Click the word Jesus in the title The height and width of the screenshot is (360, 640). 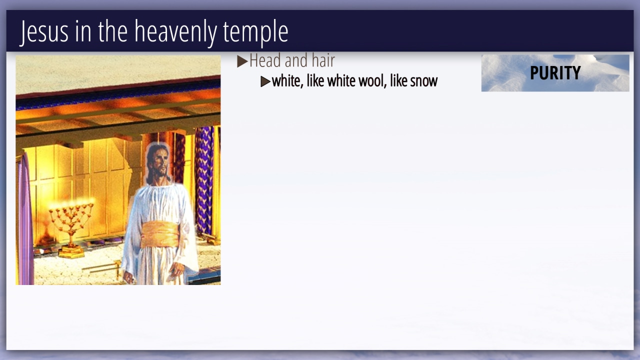(x=44, y=31)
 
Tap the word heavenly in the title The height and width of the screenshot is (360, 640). (x=175, y=31)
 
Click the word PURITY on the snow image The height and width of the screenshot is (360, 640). (x=555, y=73)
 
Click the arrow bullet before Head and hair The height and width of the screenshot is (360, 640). (x=242, y=61)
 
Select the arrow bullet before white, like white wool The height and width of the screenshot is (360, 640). (x=265, y=81)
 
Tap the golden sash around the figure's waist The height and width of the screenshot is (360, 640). (x=160, y=234)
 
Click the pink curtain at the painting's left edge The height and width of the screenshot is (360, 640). (x=25, y=220)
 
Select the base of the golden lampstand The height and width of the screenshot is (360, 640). (x=71, y=252)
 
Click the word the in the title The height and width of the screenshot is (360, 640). (x=113, y=31)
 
